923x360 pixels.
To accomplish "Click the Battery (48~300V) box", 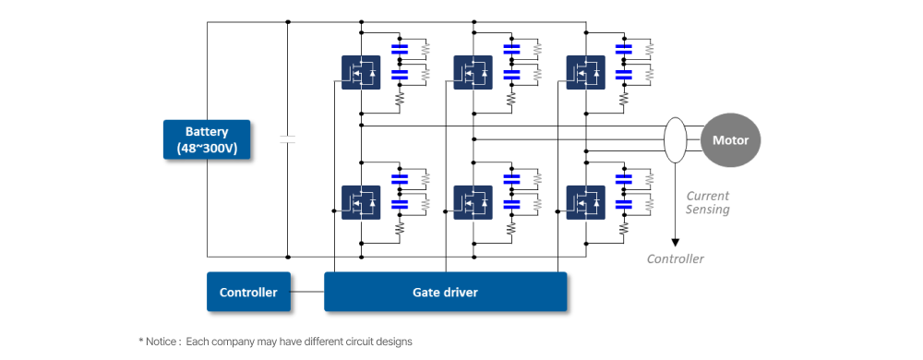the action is pos(207,139).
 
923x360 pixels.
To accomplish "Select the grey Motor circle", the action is pos(730,140).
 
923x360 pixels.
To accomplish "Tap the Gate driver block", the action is pos(445,292).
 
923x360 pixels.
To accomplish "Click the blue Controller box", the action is pos(248,292).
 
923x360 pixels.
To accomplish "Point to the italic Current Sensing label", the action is pos(707,202).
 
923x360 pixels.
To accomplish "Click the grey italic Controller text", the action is pos(676,258).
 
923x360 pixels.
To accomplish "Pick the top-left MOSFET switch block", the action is pos(361,72).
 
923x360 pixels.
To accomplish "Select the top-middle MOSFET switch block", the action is pos(473,72).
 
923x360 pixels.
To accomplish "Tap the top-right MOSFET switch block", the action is pos(586,72).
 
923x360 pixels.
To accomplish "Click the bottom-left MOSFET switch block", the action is pos(361,202).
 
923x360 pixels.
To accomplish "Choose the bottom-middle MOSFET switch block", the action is pos(473,202).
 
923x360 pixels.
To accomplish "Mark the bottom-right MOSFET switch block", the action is pos(586,202).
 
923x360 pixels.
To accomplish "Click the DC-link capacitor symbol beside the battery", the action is pos(287,139).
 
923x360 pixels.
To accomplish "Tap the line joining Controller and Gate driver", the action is pos(307,292).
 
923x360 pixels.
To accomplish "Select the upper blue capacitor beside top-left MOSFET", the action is pos(400,49).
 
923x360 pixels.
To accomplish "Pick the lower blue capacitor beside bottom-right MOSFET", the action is pos(623,204).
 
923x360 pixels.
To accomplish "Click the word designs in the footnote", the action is pos(396,342).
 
